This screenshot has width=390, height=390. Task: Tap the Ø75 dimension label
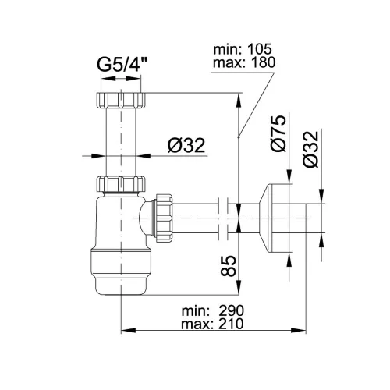278,133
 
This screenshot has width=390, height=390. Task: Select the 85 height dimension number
228,265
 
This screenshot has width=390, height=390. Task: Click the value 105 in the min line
260,48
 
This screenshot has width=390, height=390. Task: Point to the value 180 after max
263,62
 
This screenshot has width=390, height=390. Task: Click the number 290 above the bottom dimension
231,310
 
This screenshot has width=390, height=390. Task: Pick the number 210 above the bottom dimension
231,324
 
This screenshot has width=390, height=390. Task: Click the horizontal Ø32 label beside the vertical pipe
186,145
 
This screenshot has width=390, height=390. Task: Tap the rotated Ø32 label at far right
310,149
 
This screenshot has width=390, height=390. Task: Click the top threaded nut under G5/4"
121,100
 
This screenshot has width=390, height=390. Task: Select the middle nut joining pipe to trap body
121,184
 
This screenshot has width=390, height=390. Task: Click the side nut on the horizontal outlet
164,218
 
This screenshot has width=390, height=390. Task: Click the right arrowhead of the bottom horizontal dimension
299,331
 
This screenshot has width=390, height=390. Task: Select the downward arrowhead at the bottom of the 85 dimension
239,288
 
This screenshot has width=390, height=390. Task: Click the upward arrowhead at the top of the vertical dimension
239,101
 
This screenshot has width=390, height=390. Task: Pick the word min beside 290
196,310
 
